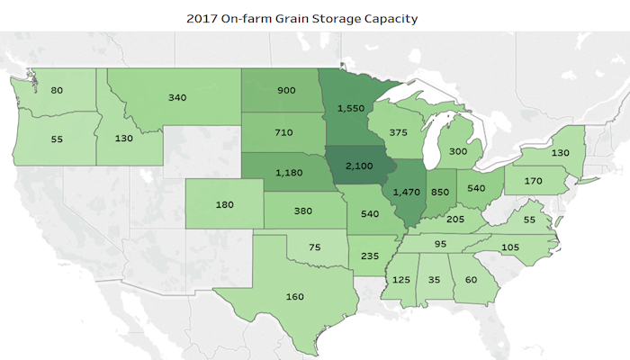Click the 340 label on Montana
[177, 97]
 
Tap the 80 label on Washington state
[58, 90]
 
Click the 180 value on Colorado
[225, 205]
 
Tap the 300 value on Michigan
[459, 152]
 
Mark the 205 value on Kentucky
[456, 219]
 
